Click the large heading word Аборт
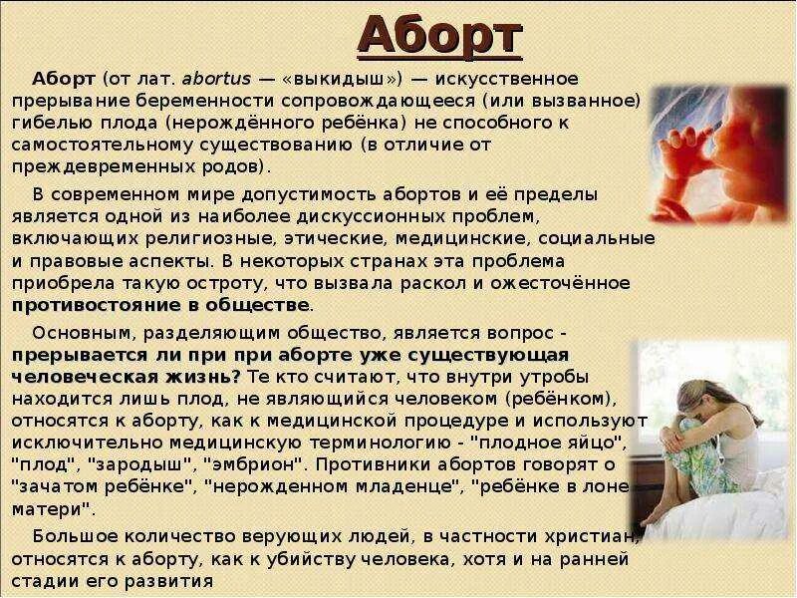pyautogui.click(x=440, y=37)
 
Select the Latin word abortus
pyautogui.click(x=215, y=79)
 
